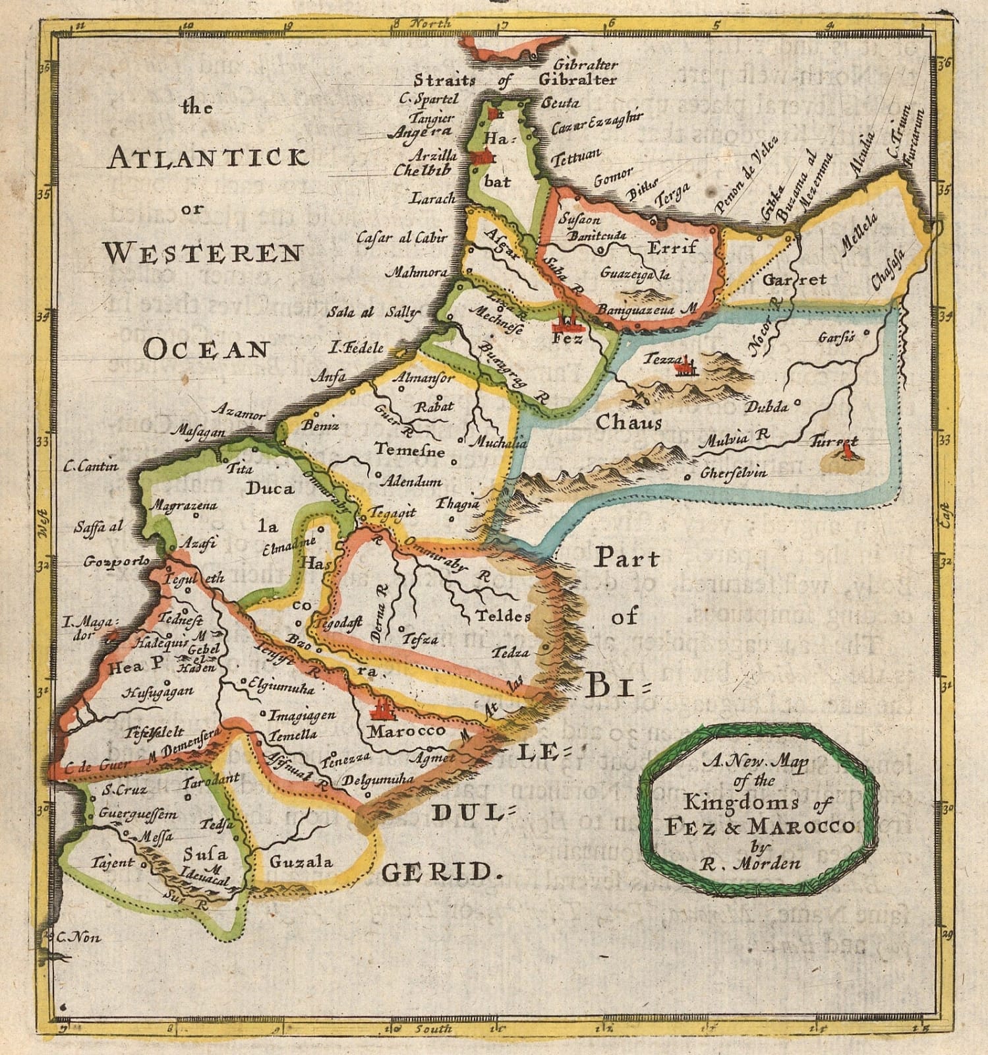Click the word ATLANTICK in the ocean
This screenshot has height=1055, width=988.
point(208,158)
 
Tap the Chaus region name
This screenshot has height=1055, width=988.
point(629,421)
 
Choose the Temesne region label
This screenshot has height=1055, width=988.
point(409,450)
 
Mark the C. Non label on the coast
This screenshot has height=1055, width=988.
point(78,937)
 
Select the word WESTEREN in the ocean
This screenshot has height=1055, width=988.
point(204,253)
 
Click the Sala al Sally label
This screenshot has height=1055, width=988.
point(372,312)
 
